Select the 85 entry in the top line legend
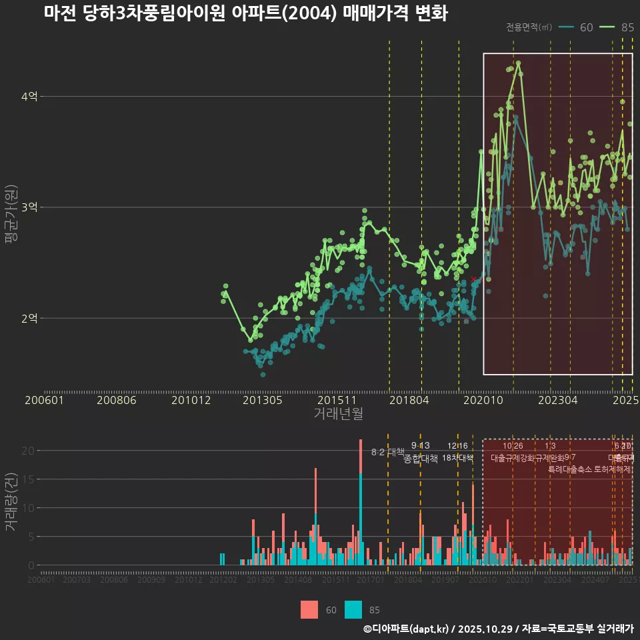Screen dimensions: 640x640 [617, 27]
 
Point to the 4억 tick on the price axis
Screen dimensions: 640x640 [29, 97]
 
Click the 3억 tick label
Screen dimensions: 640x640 [29, 207]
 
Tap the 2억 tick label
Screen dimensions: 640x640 [29, 318]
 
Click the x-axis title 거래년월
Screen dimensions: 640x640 [338, 414]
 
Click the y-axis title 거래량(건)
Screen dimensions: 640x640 [11, 501]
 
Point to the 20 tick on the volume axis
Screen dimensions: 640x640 [27, 451]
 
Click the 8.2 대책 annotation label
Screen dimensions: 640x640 [388, 452]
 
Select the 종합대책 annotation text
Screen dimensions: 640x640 [421, 459]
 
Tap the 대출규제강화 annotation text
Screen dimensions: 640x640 [513, 458]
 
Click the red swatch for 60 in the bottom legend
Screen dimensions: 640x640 [309, 609]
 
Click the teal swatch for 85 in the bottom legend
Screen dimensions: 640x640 [353, 609]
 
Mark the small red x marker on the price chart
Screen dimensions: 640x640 [473, 279]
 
